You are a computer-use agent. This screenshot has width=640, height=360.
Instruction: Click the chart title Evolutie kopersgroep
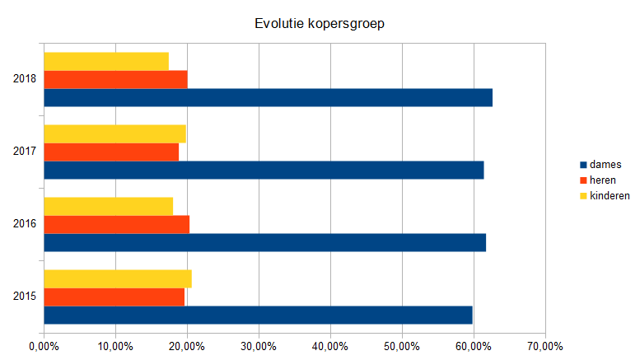point(320,24)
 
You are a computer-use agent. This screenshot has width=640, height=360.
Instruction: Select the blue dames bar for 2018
point(268,97)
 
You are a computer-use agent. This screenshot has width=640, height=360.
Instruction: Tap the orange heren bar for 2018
point(115,79)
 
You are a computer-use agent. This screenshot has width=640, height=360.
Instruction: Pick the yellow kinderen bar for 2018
point(106,61)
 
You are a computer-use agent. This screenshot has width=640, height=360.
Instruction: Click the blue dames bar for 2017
point(264,170)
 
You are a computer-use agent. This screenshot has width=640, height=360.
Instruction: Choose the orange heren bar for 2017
point(111,152)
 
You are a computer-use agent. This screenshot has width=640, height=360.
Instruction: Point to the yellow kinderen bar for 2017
point(114,133)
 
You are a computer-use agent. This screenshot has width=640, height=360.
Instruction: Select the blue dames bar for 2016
point(264,242)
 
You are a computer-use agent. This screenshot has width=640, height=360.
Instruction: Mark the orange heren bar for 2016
point(116,224)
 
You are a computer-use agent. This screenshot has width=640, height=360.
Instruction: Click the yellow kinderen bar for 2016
point(108,206)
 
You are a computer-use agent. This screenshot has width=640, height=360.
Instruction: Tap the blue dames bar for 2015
point(258,315)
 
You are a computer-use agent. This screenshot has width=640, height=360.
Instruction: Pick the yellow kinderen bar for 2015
point(118,278)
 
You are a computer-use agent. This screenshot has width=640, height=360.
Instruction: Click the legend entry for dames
point(605,165)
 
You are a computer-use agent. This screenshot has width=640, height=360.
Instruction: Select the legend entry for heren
point(604,180)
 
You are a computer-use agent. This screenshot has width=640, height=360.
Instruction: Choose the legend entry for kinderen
point(610,195)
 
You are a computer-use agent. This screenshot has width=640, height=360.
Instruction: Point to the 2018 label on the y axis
point(25,79)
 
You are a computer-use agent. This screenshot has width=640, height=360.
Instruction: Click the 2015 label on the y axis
point(25,297)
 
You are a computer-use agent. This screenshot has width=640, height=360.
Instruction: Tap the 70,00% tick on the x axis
point(545,346)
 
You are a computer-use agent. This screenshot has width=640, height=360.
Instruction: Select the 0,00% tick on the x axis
point(44,346)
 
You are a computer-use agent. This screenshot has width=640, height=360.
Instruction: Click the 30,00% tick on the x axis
point(259,346)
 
